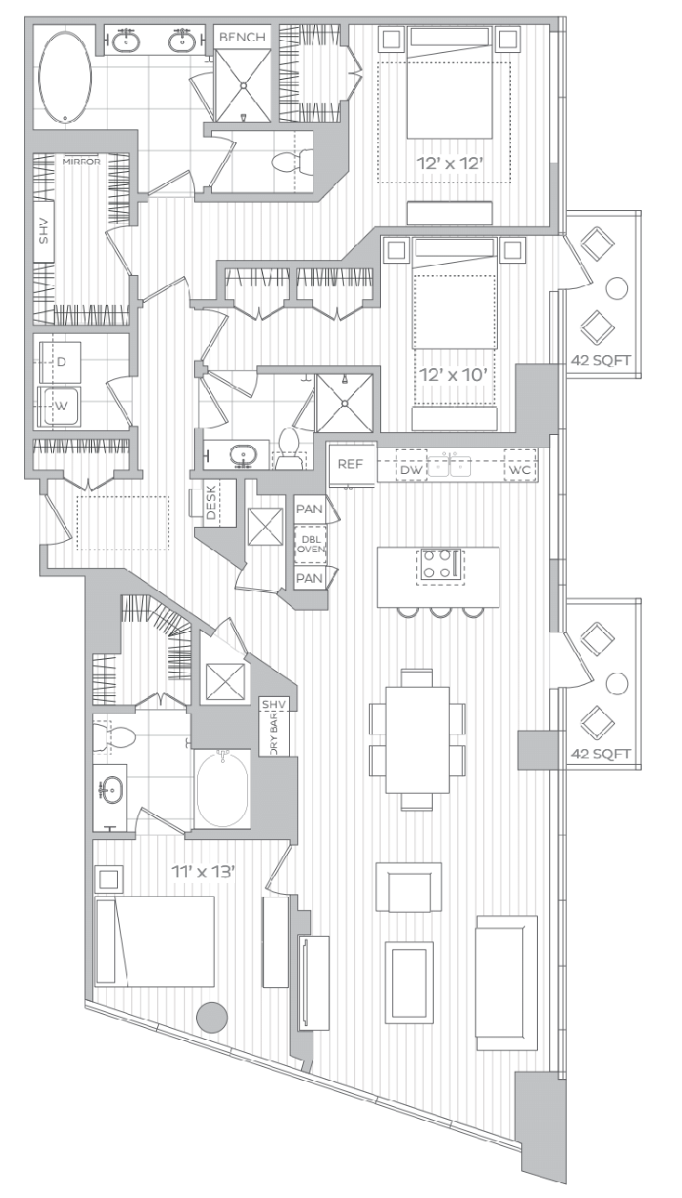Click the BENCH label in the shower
(243, 37)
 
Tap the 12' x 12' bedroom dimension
(451, 164)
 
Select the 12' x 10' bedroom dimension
(453, 375)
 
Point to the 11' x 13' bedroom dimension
(203, 872)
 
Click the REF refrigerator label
(350, 464)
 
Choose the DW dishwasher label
(411, 470)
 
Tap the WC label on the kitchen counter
(519, 470)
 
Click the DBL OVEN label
(310, 545)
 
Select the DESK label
(211, 502)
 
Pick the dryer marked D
(59, 362)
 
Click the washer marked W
(59, 406)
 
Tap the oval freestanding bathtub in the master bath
(65, 77)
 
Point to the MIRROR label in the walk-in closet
(82, 162)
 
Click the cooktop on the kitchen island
(439, 566)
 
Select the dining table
(417, 740)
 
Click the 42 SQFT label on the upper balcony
(601, 360)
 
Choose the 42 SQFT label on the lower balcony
(601, 754)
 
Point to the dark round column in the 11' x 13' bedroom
(212, 1017)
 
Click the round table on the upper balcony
(616, 288)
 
